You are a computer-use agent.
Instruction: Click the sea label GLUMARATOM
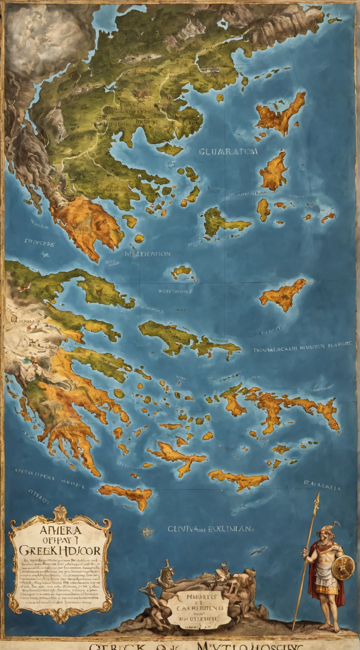228,152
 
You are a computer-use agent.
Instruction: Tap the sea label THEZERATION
147,254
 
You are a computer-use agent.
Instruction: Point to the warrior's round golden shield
343,567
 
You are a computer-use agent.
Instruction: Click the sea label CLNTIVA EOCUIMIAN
210,528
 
